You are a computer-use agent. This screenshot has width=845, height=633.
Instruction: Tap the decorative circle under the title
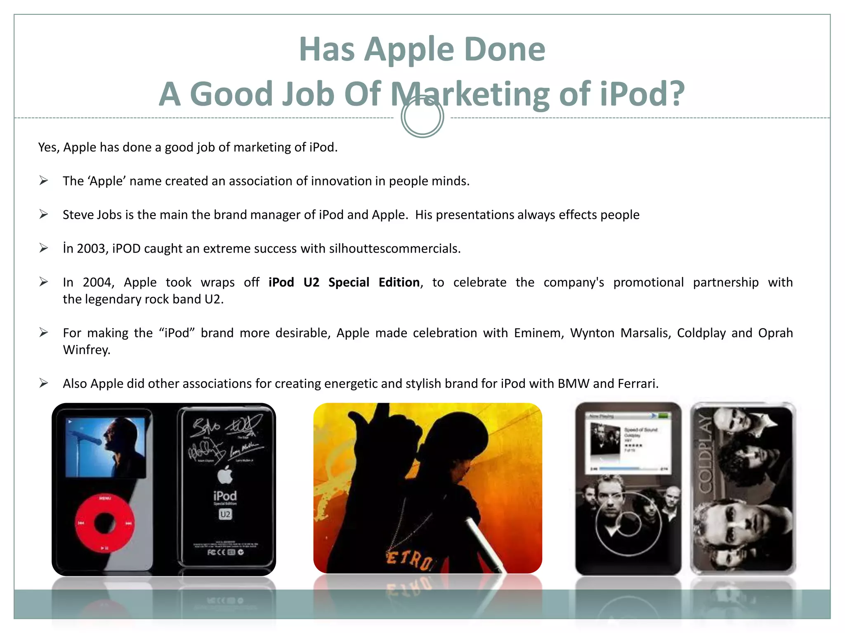(422, 117)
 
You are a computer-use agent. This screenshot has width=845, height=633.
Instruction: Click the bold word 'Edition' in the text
(399, 282)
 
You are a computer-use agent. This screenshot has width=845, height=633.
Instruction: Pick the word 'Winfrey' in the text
(86, 350)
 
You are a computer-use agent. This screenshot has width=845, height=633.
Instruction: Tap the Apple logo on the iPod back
(225, 475)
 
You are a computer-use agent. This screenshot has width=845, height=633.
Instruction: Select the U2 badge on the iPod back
(225, 514)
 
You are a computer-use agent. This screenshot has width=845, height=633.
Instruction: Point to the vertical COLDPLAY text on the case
(705, 453)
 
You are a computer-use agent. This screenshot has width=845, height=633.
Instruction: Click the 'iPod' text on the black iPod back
(225, 495)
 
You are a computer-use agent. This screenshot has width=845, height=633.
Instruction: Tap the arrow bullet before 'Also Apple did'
(44, 383)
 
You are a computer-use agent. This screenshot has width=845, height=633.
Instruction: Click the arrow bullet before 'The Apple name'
(44, 181)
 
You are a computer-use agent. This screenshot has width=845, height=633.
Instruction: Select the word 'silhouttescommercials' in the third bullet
(394, 249)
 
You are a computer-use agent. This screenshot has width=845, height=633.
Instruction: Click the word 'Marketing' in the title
(470, 94)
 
